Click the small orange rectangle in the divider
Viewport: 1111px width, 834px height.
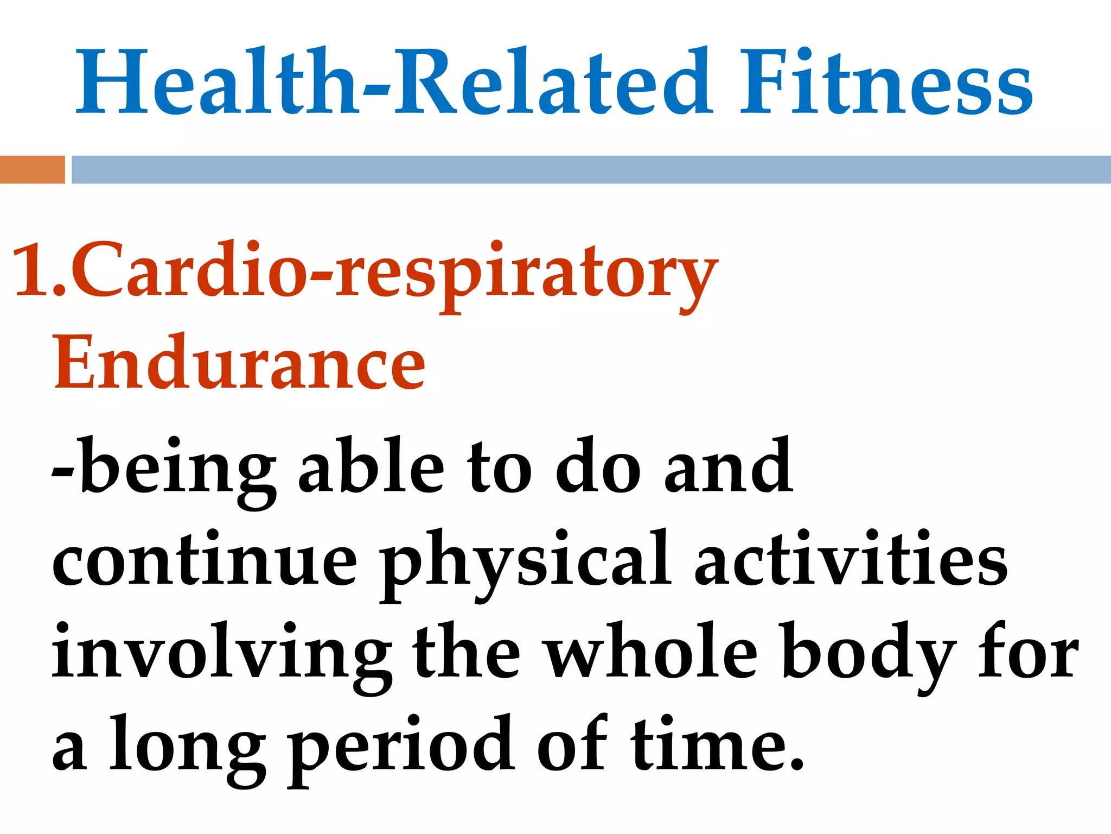pyautogui.click(x=32, y=169)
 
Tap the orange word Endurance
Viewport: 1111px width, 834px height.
pyautogui.click(x=239, y=363)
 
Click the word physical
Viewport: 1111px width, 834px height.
pyautogui.click(x=525, y=562)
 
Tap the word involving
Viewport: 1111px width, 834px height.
pyautogui.click(x=221, y=654)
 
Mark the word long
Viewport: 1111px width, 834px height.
pyautogui.click(x=187, y=747)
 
